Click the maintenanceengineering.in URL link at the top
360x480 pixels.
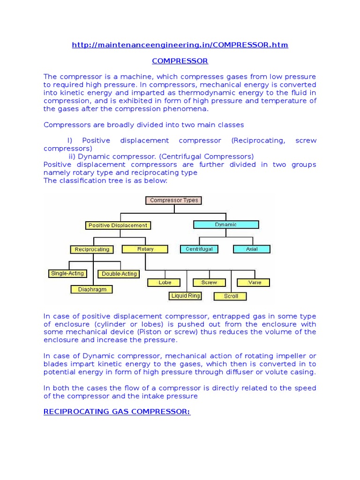point(180,45)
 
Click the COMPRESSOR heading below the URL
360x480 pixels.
point(180,61)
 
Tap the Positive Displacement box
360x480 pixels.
point(118,225)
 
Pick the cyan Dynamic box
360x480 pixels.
point(226,225)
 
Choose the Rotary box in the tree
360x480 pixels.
point(145,249)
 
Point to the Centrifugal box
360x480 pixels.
point(199,249)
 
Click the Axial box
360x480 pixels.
point(252,249)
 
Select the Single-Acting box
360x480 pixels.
point(67,273)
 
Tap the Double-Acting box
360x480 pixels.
point(119,274)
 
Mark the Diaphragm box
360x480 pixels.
point(92,289)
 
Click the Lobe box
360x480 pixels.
point(165,282)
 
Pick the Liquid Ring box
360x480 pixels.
point(186,296)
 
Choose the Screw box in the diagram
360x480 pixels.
point(209,282)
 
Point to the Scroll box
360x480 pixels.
point(231,296)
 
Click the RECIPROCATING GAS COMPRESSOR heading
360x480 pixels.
point(117,412)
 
